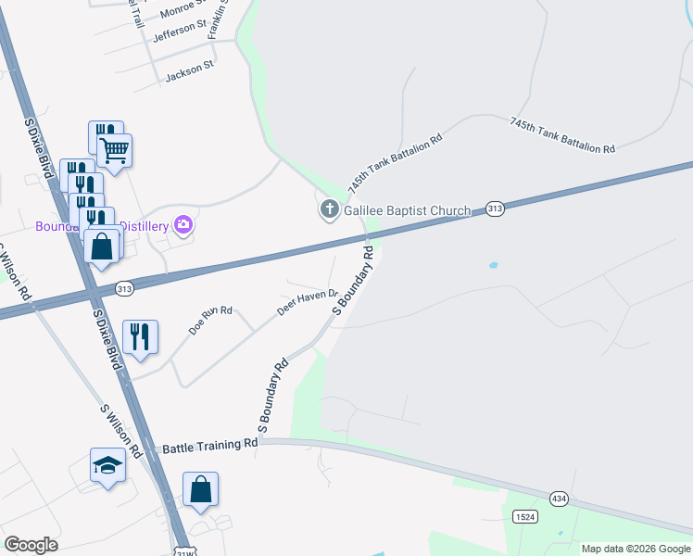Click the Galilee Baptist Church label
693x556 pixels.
point(408,210)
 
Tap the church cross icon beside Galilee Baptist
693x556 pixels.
point(329,210)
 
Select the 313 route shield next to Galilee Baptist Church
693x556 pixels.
point(495,209)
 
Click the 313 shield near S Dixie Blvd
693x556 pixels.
point(123,290)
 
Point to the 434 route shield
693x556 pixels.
point(559,499)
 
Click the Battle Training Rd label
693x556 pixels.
point(209,446)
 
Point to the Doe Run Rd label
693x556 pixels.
point(210,320)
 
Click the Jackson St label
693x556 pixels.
point(189,70)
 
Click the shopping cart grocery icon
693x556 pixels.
point(114,150)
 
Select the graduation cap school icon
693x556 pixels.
point(107,464)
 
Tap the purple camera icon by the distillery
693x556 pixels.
point(183,224)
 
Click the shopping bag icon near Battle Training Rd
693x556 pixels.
point(200,488)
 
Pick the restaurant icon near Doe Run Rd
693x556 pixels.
point(140,336)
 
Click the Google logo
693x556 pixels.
point(31,545)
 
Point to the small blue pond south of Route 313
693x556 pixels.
point(492,266)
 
